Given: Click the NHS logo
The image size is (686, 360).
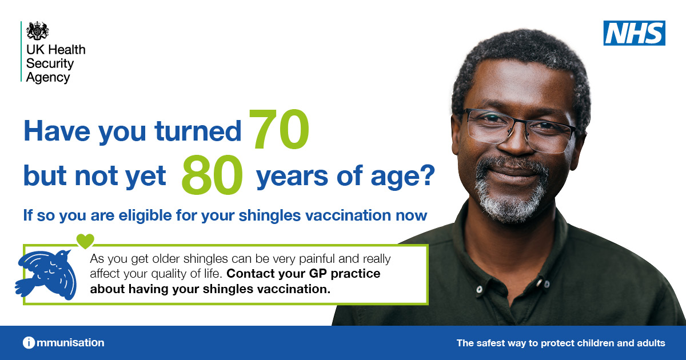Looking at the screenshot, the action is (x=634, y=33).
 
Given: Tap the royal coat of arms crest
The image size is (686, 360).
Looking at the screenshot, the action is (x=37, y=31).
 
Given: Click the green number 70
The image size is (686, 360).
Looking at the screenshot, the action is (x=279, y=129).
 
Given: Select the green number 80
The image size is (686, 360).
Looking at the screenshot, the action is (x=212, y=174).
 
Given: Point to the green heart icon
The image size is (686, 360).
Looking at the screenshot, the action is (x=85, y=241).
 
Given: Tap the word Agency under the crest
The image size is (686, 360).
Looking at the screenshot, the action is (x=48, y=78).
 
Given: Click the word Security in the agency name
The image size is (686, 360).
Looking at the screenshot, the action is (x=50, y=63).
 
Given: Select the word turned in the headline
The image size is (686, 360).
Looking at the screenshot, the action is (x=198, y=131).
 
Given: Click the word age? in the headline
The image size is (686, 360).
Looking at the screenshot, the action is (x=402, y=177).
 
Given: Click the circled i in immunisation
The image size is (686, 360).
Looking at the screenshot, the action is (x=29, y=342).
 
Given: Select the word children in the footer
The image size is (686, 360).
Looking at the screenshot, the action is (x=595, y=343).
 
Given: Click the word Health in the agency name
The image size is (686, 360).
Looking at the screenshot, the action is (x=66, y=50).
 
